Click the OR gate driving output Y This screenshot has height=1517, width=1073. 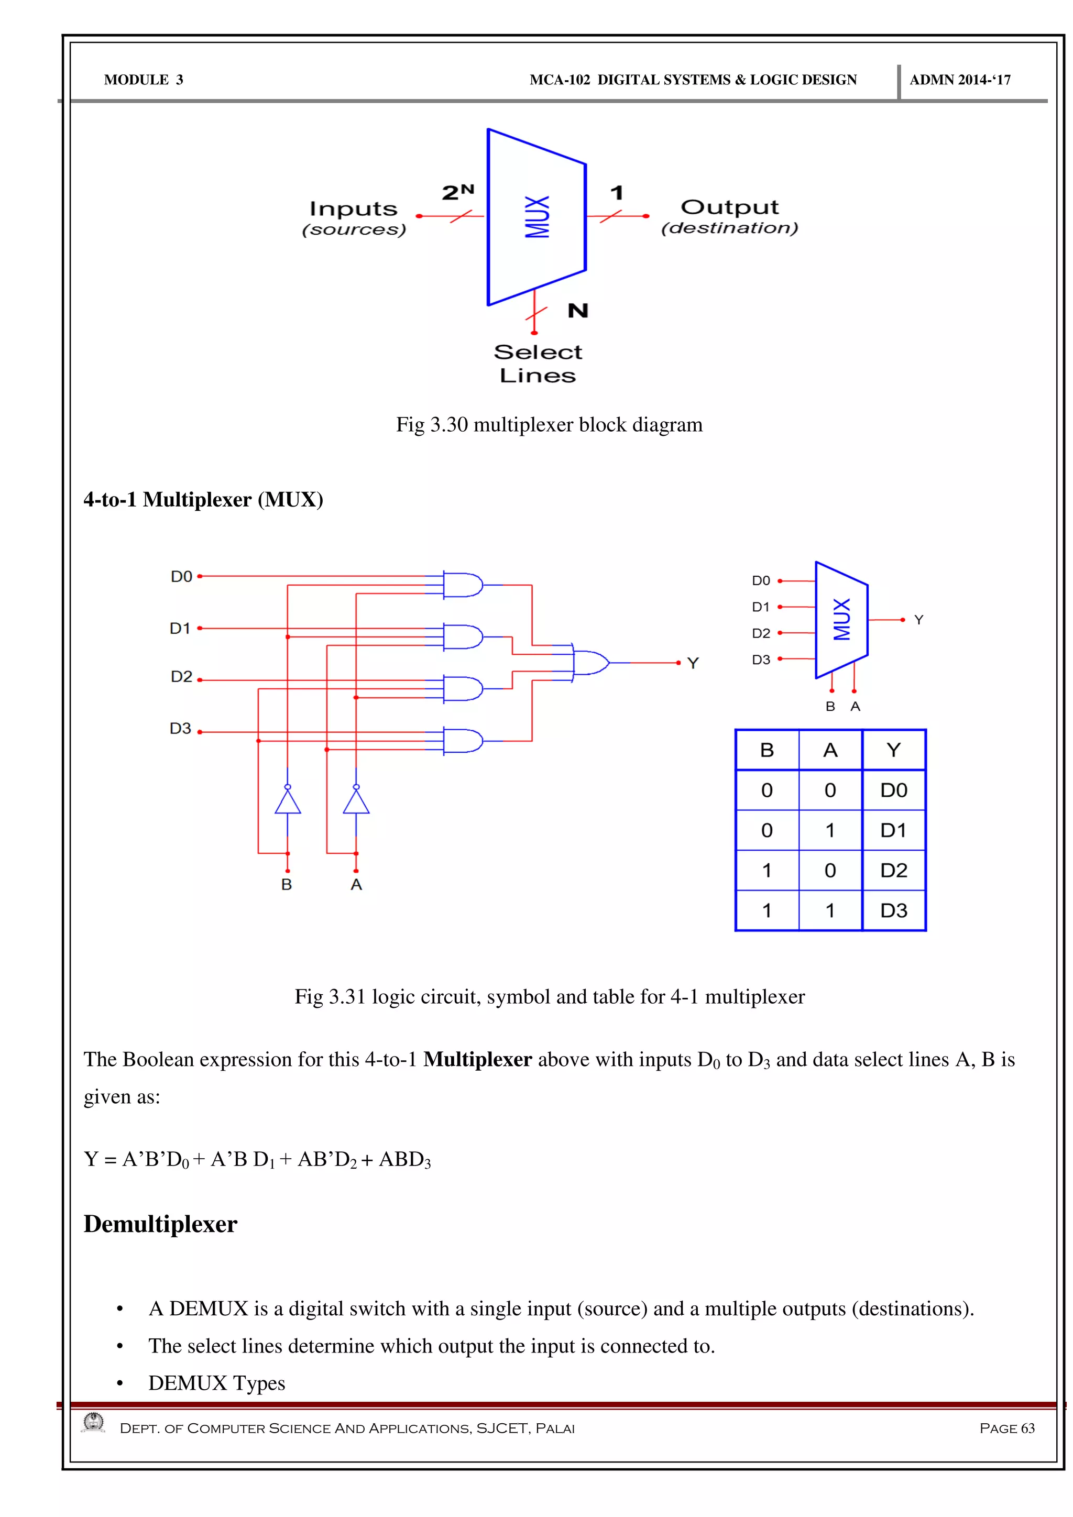coord(590,662)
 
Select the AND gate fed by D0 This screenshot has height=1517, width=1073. coord(463,585)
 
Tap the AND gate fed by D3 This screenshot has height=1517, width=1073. coord(463,741)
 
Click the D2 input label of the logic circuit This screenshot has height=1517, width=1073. coord(181,677)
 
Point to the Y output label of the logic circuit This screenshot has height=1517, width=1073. coord(693,663)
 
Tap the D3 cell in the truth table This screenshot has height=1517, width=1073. coord(893,910)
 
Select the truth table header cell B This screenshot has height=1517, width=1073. coord(767,750)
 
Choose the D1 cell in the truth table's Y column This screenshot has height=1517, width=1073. coord(893,830)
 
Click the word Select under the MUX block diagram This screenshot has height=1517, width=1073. coord(538,352)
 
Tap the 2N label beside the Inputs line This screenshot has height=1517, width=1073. coord(458,192)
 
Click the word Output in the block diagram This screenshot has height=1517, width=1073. coord(729,207)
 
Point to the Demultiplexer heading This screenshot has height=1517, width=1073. coord(160,1224)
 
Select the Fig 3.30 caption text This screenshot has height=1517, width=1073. coord(549,425)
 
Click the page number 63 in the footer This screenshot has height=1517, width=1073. coord(1027,1428)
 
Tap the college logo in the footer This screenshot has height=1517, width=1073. coord(94,1423)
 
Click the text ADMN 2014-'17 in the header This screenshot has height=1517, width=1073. coord(960,80)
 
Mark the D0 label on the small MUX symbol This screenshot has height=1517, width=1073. coord(761,581)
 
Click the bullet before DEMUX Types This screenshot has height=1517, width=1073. coord(119,1383)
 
